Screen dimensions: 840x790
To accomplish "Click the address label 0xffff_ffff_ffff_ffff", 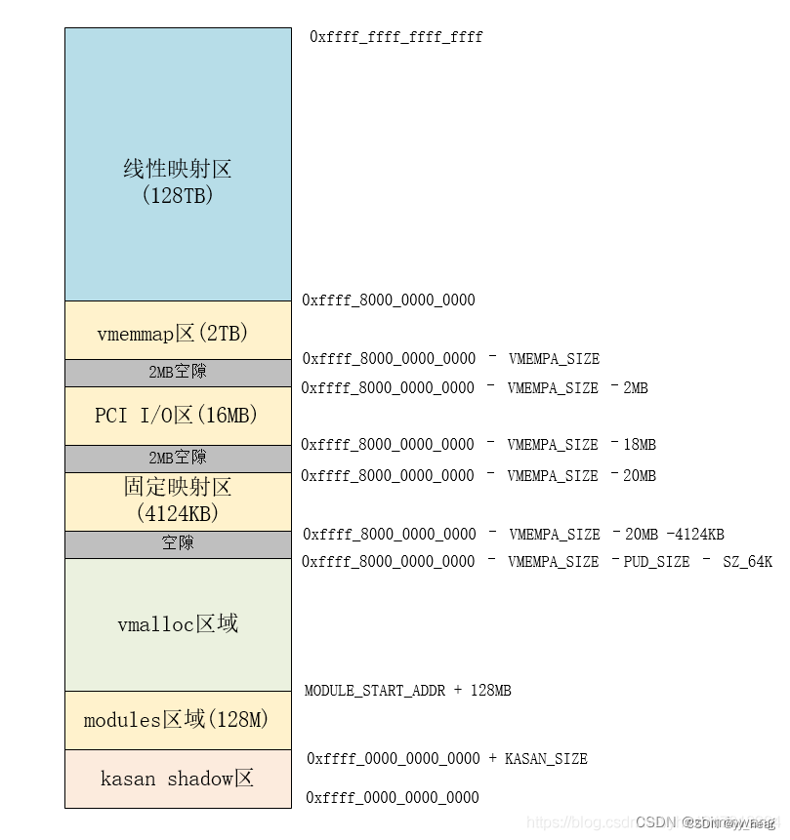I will [x=395, y=37].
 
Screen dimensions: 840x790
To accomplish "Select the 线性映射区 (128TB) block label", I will [x=178, y=180].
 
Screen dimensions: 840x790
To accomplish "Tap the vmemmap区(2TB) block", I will [x=178, y=333].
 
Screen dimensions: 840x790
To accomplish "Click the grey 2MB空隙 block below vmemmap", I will [x=178, y=373].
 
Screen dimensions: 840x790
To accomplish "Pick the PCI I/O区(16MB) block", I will [x=178, y=416].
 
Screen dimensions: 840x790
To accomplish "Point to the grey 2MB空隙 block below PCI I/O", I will [x=178, y=459].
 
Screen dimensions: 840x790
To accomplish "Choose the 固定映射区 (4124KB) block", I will [x=178, y=500].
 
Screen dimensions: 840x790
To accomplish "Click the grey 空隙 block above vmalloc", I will [x=178, y=543].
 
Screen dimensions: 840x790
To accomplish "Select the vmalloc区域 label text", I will [x=178, y=623].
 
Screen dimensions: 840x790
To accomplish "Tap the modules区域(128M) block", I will [x=178, y=720].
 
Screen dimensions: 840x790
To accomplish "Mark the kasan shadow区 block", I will [x=178, y=779].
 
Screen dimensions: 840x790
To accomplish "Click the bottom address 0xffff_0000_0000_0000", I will [x=393, y=798].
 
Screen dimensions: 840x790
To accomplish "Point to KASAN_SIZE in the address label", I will [x=546, y=759].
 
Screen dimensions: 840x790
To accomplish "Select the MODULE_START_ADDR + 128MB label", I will [x=407, y=691].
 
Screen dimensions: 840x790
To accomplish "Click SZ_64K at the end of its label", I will [x=747, y=562].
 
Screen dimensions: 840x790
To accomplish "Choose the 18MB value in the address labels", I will [x=640, y=445].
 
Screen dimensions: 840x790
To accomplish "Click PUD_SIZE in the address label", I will [x=656, y=562].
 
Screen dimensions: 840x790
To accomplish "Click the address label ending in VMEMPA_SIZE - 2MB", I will [x=474, y=388].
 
